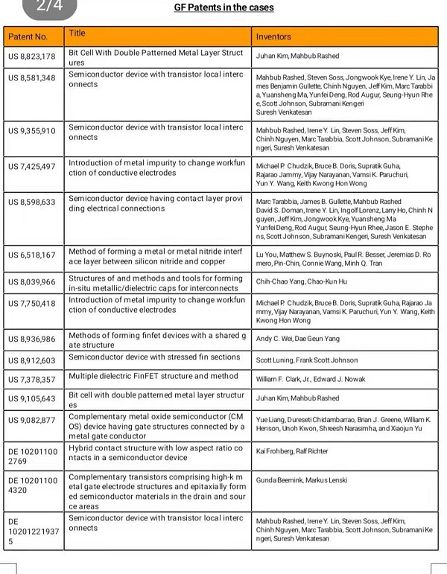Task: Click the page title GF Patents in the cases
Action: coord(223,7)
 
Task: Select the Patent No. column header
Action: coord(28,36)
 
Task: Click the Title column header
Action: coord(77,34)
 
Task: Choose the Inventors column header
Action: coord(273,36)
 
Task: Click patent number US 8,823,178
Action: coord(32,57)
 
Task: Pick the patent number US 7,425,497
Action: coord(32,166)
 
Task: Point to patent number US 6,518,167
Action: coord(32,255)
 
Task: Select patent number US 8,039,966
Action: coord(32,282)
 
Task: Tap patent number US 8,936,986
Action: coord(32,339)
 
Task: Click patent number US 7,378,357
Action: coord(32,379)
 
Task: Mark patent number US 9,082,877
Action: coord(32,421)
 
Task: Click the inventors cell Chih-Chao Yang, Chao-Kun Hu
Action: coord(302,282)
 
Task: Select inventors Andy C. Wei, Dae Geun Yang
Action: coord(298,339)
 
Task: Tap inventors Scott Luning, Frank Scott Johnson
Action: coord(307,360)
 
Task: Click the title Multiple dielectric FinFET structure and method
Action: coord(153,376)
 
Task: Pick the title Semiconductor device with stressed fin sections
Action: coord(153,357)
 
